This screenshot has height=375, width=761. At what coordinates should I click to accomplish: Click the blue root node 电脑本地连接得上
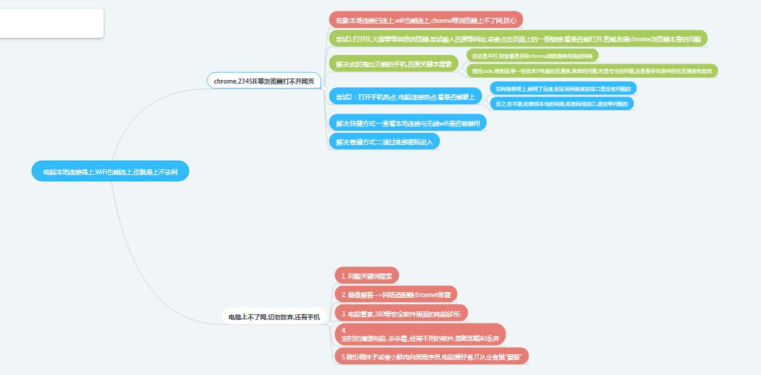click(x=110, y=171)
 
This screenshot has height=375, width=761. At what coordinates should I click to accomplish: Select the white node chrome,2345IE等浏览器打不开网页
click(x=264, y=81)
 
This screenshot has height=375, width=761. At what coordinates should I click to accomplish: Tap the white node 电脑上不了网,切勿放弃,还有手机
click(x=274, y=316)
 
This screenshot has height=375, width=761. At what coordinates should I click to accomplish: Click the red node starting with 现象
click(x=426, y=19)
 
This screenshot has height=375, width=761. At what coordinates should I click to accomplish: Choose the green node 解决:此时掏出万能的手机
click(x=393, y=64)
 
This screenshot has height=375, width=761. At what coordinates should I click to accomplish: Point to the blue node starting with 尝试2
click(x=406, y=96)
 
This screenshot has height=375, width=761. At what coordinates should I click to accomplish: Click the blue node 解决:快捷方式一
click(x=408, y=123)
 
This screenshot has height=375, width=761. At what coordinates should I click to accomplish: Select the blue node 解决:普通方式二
click(x=384, y=141)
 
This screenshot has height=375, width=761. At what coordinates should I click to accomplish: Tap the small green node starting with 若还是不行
click(x=531, y=55)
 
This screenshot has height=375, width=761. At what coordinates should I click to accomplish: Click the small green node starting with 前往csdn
click(x=591, y=71)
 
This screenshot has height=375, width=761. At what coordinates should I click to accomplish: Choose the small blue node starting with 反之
click(x=561, y=104)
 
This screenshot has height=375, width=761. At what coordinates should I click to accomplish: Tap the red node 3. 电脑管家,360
click(x=401, y=314)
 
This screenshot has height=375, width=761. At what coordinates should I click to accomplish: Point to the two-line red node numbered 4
click(x=421, y=334)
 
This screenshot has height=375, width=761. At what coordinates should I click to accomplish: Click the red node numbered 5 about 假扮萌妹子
click(x=431, y=356)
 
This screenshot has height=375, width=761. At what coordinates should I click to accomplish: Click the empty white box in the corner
click(x=51, y=23)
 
